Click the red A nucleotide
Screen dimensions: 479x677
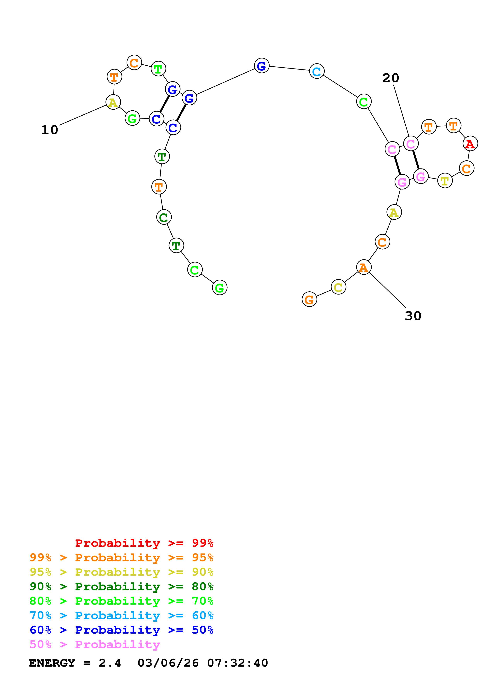tap(470, 144)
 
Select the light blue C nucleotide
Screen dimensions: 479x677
tap(317, 71)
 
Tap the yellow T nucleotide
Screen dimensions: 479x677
tap(445, 181)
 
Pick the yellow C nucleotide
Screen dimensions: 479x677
tap(338, 287)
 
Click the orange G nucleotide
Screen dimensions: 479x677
tap(309, 300)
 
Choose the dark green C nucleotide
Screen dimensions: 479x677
tap(164, 217)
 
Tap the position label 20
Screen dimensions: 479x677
tap(391, 78)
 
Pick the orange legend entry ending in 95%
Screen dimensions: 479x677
tap(122, 557)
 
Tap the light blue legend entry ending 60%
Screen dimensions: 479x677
tap(122, 615)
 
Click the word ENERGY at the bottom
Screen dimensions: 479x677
tap(52, 663)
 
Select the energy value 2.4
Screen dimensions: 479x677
tap(110, 663)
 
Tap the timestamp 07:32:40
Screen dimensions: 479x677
tap(238, 663)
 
